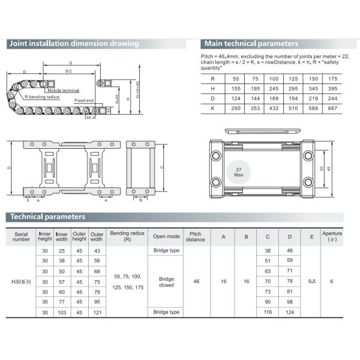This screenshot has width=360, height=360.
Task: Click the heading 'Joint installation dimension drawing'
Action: (73, 44)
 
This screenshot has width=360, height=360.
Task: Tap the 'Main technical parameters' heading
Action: (251, 44)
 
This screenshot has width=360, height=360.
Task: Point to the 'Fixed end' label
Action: (84, 100)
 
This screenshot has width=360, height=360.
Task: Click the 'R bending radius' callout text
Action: (42, 96)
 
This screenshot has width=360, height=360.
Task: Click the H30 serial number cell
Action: (21, 281)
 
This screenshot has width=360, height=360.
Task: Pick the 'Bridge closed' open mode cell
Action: (166, 281)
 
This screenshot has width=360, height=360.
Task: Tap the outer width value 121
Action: (97, 313)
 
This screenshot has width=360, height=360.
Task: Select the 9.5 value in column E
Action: (310, 281)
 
